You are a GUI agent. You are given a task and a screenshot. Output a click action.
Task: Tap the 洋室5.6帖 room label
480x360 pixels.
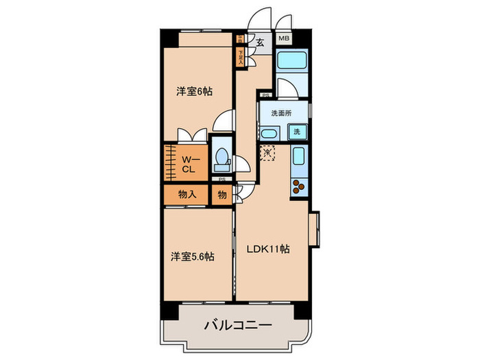click(192, 256)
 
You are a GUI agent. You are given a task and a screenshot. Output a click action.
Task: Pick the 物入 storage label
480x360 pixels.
click(187, 194)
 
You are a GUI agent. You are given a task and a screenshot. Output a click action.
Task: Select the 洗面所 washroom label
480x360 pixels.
click(281, 113)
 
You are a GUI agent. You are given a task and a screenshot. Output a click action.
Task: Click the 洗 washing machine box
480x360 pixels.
click(297, 131)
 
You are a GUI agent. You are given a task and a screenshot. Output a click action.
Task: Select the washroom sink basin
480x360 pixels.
click(268, 132)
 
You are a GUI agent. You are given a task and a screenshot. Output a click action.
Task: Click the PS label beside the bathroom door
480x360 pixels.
click(265, 95)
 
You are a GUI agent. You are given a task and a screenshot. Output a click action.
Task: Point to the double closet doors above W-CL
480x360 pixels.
click(190, 135)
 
